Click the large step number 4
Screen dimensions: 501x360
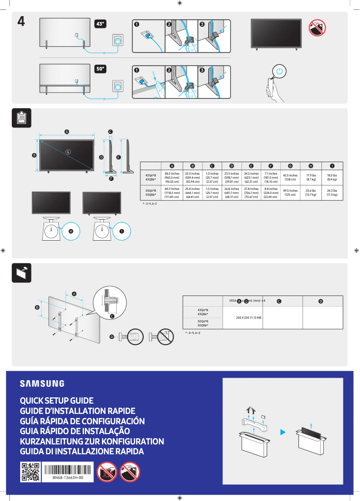(x=21, y=22)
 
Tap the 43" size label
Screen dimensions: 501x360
(x=101, y=24)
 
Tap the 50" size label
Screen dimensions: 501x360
(x=101, y=69)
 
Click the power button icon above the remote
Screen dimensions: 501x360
(x=280, y=71)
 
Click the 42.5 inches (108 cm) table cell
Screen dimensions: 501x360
(x=290, y=178)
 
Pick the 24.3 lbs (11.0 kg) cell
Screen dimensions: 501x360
(x=332, y=193)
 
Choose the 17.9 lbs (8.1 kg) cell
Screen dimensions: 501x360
(x=311, y=178)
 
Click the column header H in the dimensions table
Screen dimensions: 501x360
(x=311, y=166)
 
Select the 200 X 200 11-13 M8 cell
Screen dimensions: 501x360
(x=243, y=317)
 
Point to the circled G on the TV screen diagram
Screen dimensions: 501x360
(x=68, y=152)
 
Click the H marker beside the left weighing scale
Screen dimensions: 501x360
(x=71, y=231)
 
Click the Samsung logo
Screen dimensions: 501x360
(x=42, y=383)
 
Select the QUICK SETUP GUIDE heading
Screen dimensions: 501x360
(x=57, y=400)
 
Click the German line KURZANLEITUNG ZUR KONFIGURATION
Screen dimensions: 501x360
(x=92, y=441)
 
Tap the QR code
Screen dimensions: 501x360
(x=30, y=472)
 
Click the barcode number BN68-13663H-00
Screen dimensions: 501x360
(x=67, y=479)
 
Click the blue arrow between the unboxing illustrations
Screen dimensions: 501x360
(x=283, y=432)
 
